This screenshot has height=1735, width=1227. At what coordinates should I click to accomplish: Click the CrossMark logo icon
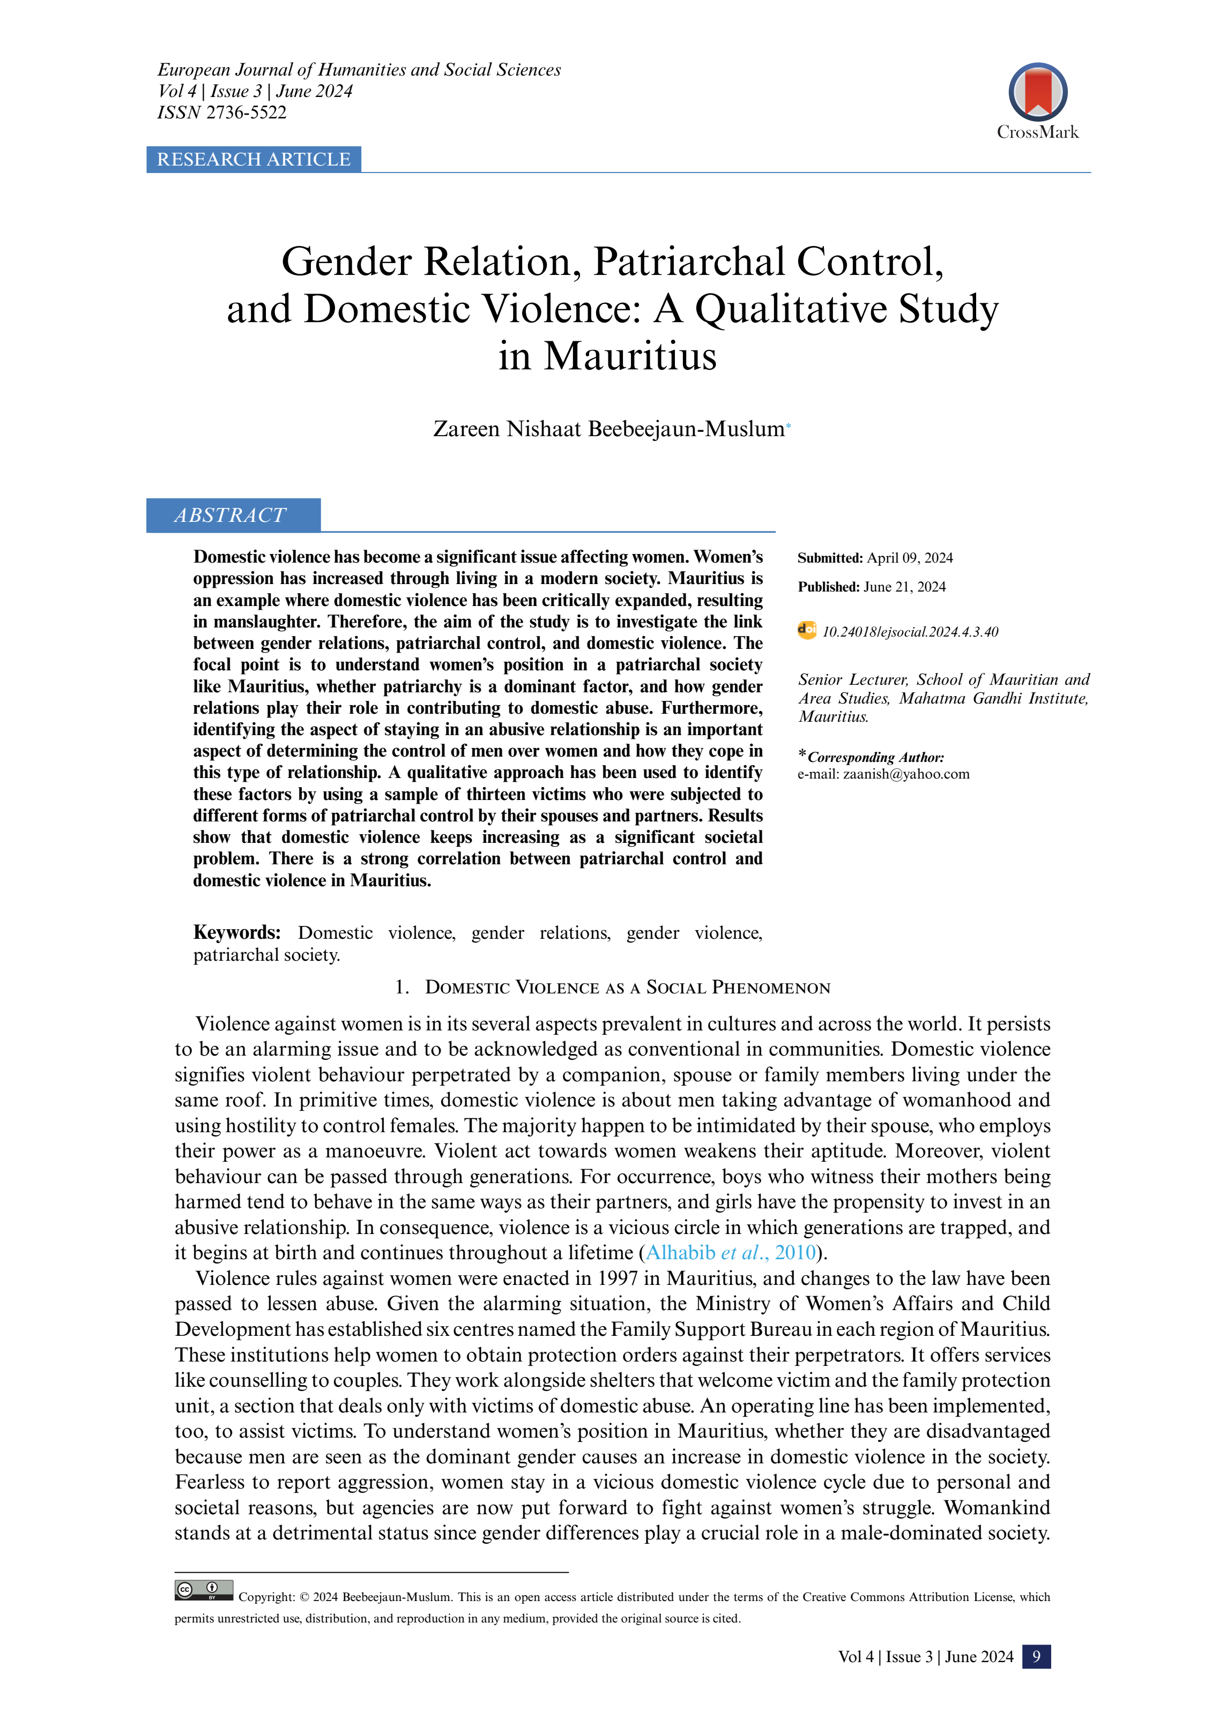point(1037,92)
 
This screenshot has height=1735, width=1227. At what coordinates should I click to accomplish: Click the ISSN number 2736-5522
point(247,113)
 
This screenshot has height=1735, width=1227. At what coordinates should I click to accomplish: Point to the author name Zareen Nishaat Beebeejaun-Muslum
point(608,429)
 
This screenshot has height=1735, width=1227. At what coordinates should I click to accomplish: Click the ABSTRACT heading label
point(230,515)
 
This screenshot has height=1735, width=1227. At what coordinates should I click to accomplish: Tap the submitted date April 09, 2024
point(910,558)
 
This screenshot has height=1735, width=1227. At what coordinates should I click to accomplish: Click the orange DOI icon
point(807,630)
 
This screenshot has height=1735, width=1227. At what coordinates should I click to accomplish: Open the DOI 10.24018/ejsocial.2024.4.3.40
point(910,632)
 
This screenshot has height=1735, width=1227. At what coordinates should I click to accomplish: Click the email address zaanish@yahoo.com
point(906,774)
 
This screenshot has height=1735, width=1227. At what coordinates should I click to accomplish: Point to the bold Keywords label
point(236,932)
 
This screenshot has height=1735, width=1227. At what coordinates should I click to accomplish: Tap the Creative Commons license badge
point(203,1590)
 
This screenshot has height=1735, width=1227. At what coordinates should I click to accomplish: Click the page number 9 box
point(1036,1656)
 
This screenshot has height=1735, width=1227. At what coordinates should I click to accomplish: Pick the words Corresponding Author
point(875,757)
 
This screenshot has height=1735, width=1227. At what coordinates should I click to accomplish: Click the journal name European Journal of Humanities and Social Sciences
point(359,70)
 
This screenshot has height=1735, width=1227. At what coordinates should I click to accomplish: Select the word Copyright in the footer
point(266,1597)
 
